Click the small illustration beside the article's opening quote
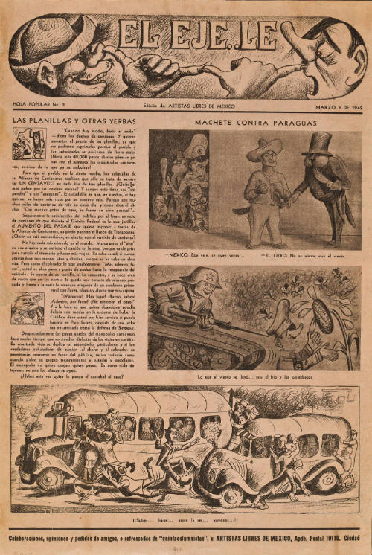coord(29,144)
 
